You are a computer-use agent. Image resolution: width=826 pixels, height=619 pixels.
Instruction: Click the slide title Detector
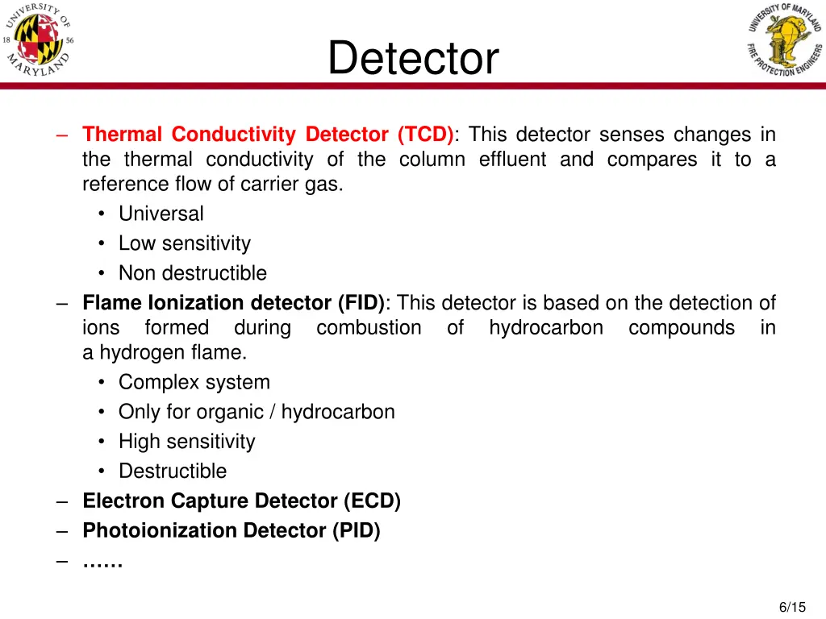413,59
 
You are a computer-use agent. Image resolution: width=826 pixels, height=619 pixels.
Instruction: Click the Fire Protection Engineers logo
783,40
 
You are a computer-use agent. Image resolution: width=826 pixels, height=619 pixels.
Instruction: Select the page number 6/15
792,607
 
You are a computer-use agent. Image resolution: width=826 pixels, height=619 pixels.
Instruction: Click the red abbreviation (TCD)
425,135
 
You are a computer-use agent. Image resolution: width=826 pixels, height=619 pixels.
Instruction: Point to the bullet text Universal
161,214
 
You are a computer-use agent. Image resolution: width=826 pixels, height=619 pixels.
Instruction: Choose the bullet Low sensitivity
184,243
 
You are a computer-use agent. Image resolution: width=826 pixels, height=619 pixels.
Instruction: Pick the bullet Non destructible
192,273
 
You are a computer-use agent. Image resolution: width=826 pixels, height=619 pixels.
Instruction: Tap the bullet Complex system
194,382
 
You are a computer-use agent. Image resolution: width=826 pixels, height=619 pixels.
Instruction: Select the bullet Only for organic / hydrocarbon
257,412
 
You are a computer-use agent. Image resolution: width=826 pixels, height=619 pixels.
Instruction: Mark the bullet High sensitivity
186,442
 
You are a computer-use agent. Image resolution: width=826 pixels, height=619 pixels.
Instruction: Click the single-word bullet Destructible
173,472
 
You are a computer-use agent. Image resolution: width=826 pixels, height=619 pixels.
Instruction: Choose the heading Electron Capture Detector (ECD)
241,501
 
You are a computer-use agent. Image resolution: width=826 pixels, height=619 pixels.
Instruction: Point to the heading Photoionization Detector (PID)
231,531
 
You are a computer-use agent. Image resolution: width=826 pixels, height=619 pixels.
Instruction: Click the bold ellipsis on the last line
102,562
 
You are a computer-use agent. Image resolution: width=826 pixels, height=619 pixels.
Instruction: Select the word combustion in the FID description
369,328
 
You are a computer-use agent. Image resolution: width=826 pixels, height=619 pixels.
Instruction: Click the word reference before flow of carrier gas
123,185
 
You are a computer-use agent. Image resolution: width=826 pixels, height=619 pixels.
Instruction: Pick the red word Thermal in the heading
123,135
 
